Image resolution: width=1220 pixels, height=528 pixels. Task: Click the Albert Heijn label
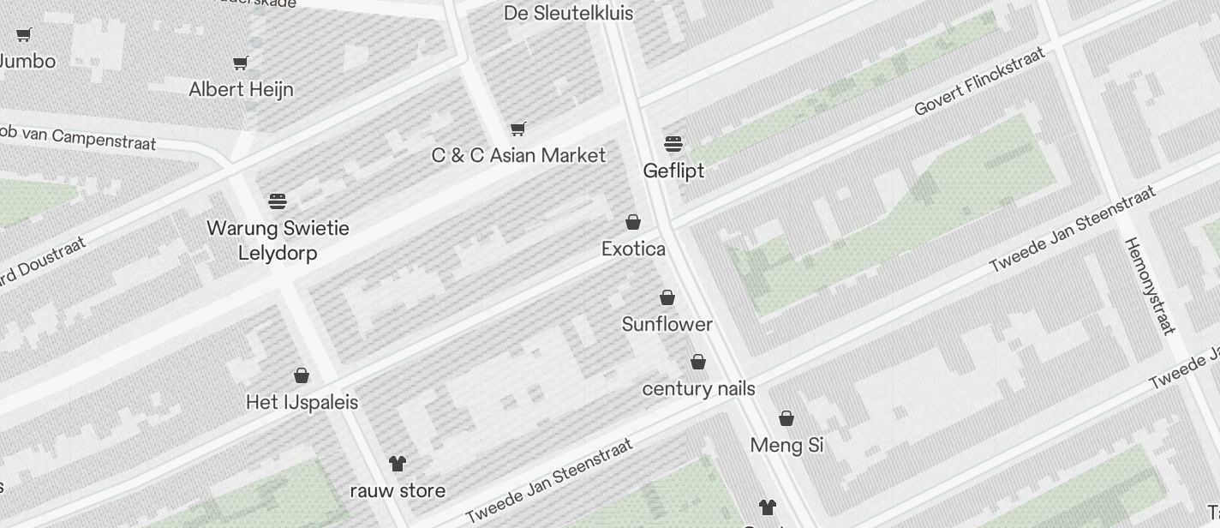(241, 89)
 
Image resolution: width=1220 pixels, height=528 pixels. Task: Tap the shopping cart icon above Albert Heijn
(241, 63)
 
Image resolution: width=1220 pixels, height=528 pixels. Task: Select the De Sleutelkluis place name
(568, 13)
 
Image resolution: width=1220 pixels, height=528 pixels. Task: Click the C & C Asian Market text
(518, 155)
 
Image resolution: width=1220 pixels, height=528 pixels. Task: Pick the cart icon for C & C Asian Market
(517, 129)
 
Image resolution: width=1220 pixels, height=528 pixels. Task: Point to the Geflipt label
(673, 171)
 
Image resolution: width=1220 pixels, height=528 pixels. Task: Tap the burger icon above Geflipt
(673, 143)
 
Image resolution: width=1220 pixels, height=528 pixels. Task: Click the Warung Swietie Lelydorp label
(278, 240)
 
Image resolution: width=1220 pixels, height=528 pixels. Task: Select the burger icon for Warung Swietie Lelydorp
(278, 201)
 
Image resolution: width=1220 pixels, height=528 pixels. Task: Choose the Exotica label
(633, 249)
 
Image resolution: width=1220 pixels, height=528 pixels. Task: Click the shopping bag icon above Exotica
(633, 222)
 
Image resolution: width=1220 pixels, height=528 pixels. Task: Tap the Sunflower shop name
(667, 324)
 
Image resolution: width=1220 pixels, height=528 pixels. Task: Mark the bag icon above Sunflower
(667, 297)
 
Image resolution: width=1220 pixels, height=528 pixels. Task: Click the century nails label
(698, 388)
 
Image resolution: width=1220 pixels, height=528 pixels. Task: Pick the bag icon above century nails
(698, 362)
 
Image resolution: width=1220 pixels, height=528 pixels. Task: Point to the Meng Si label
(786, 445)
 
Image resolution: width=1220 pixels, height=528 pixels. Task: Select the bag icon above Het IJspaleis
(302, 375)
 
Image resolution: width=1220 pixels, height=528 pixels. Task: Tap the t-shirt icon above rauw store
(398, 464)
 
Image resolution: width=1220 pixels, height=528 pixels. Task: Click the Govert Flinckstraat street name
(980, 81)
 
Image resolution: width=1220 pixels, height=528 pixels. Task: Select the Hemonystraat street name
(1150, 285)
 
